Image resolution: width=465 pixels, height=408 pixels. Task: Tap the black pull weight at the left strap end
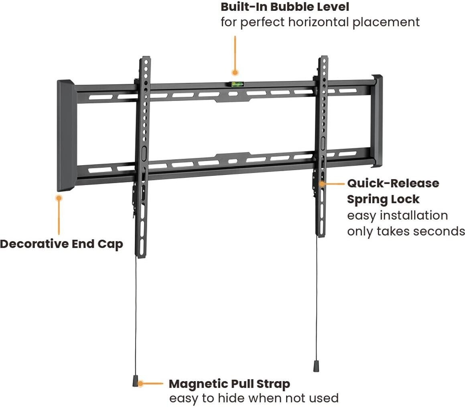tap(136, 381)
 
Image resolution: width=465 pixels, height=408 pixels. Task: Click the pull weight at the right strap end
tap(316, 366)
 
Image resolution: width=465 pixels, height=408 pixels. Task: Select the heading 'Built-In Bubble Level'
tap(285, 7)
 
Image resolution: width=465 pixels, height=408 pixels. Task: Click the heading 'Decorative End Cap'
tap(61, 244)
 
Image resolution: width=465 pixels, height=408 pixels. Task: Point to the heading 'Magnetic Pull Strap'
tap(229, 384)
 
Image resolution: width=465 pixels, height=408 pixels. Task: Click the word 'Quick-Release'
tap(393, 183)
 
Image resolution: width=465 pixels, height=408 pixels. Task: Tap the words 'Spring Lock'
tap(383, 200)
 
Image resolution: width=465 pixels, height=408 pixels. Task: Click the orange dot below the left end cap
tap(59, 198)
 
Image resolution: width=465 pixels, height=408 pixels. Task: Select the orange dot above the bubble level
tap(235, 72)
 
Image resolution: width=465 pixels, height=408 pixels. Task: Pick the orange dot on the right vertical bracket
tap(322, 184)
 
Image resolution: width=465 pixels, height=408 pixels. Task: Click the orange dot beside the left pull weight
tap(141, 384)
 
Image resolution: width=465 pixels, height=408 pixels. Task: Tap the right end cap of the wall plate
tap(377, 121)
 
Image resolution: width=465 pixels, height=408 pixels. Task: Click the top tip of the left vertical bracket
tap(145, 57)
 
